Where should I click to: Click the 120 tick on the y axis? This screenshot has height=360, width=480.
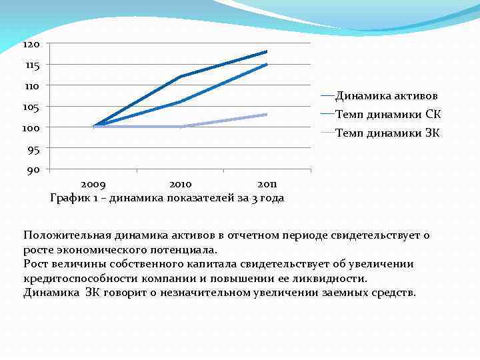(31, 44)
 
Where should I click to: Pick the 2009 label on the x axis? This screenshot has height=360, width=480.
(93, 184)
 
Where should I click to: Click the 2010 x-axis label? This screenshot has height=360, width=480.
(180, 184)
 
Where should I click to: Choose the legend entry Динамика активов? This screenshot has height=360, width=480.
(386, 95)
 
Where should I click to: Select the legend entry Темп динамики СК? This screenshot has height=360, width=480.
(387, 114)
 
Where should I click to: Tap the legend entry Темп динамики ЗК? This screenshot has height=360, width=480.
(387, 133)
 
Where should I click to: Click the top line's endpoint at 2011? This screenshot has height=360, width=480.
(267, 51)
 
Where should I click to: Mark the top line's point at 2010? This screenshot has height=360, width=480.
(180, 77)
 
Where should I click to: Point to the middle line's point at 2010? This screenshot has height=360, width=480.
(180, 101)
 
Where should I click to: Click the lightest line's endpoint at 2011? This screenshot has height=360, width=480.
(267, 115)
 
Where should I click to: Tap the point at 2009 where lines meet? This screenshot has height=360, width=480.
(94, 126)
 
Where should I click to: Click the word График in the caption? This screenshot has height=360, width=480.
(70, 197)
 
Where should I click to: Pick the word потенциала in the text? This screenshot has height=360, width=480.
(184, 250)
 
